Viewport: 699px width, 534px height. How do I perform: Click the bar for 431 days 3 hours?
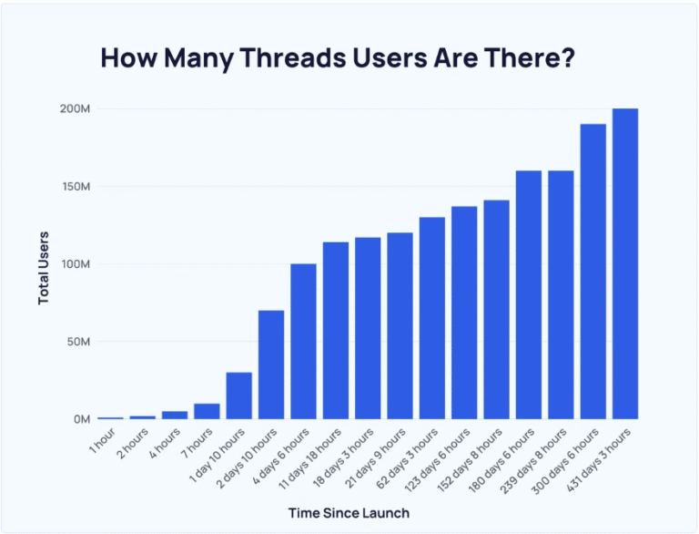tap(625, 264)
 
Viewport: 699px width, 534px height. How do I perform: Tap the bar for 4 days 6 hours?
tap(303, 342)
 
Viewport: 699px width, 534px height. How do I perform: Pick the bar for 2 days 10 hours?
tap(271, 365)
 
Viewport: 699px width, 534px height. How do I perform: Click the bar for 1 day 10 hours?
tap(239, 395)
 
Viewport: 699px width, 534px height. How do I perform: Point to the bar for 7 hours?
tap(207, 411)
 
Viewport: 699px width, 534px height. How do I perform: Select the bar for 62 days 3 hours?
tap(432, 318)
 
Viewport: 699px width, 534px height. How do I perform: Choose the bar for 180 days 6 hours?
tap(529, 295)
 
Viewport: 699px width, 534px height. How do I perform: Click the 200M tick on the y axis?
tap(76, 109)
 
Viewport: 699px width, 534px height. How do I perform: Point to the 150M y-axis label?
tap(76, 187)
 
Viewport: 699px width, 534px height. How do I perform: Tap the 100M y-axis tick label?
tap(76, 264)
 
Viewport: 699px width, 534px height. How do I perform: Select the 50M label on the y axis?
tap(78, 342)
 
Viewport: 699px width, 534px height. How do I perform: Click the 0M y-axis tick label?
tap(81, 419)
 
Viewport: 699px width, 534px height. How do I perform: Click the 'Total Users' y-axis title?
tap(43, 267)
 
